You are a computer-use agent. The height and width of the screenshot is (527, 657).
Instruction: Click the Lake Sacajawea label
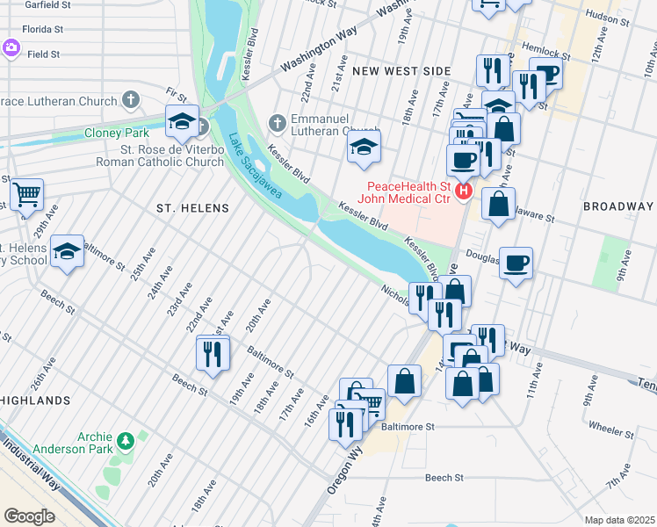256,166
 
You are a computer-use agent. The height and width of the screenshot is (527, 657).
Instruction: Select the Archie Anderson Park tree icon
126,438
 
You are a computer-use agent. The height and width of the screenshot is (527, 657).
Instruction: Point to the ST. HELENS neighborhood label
192,208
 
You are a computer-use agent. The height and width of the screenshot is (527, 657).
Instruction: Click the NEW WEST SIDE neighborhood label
401,70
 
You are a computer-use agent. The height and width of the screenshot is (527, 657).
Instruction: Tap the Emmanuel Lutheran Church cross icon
278,121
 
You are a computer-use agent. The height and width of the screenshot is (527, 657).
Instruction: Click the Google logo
29,516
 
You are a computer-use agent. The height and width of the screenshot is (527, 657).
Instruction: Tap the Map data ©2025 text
618,520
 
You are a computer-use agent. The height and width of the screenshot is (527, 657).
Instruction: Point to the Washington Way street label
320,54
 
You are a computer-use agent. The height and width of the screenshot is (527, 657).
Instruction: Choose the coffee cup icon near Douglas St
516,261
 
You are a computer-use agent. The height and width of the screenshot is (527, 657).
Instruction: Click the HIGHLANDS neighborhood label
35,401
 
